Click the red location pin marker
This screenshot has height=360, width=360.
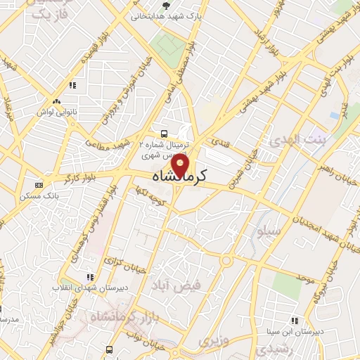point(181,165)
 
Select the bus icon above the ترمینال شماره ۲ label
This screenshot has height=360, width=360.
point(164,133)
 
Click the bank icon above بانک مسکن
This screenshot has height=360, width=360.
point(38,185)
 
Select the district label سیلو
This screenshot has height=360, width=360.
point(270,231)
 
